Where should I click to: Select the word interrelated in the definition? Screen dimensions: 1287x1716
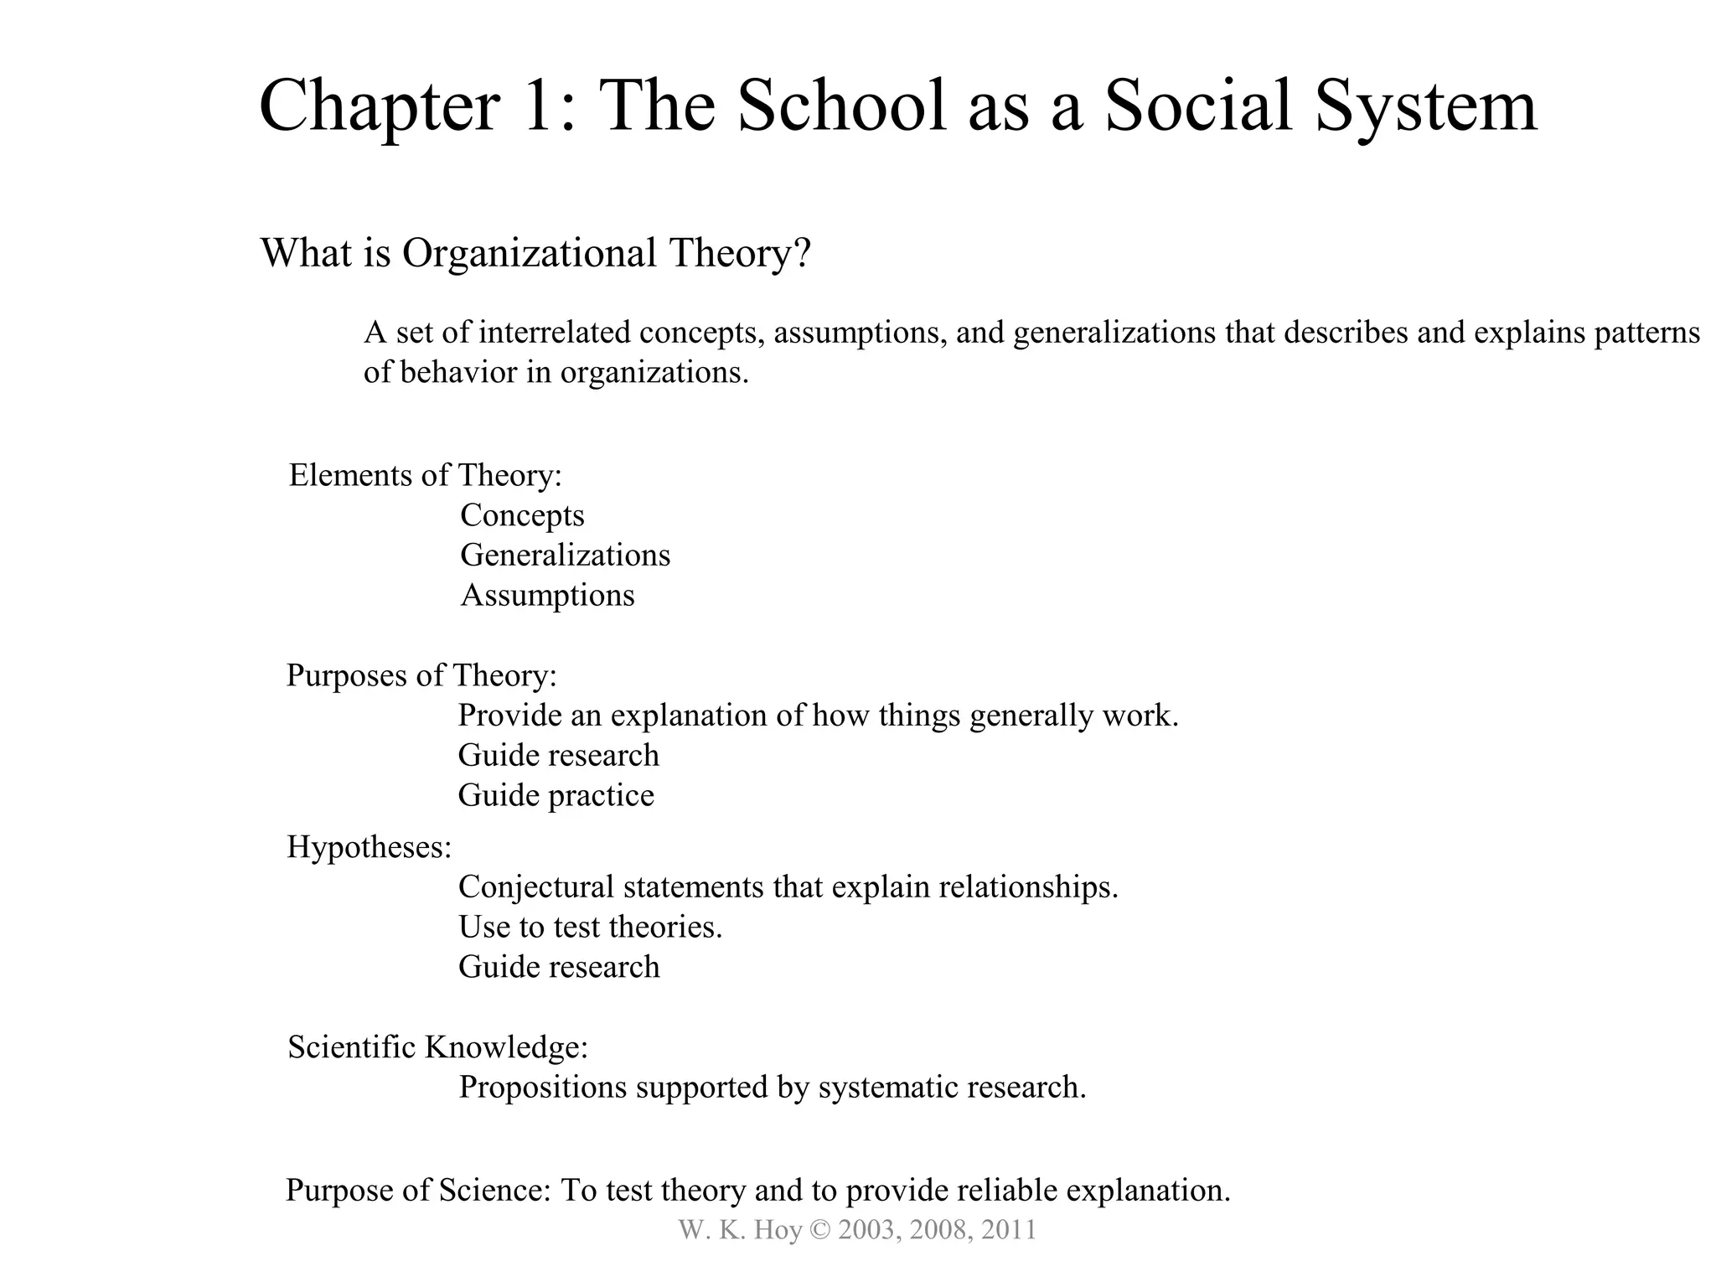[x=554, y=333]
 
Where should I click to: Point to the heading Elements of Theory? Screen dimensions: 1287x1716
[x=425, y=475]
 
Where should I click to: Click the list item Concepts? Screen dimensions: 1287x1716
[x=522, y=515]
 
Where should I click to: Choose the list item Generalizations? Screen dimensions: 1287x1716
[x=565, y=556]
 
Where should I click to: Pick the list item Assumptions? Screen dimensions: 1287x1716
[x=548, y=596]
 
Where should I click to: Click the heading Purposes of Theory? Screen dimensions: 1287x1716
[x=421, y=675]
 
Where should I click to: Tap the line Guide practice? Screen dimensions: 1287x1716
[x=556, y=795]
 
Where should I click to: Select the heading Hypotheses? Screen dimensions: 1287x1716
[x=369, y=847]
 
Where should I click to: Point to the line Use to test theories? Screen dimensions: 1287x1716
[x=590, y=927]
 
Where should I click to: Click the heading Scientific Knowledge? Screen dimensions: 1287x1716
[x=437, y=1047]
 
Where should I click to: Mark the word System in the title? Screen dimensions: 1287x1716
[x=1425, y=106]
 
